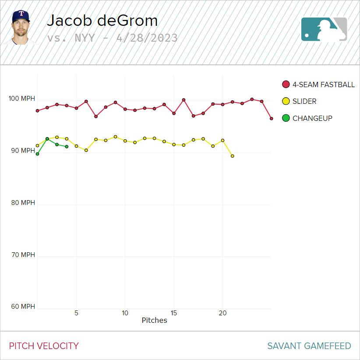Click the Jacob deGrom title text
(102, 21)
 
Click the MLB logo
(324, 29)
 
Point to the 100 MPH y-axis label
(21, 99)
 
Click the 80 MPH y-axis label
(21, 203)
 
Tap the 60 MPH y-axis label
(21, 307)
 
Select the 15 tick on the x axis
(174, 313)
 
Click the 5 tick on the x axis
(76, 313)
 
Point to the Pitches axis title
(154, 320)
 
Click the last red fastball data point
(272, 118)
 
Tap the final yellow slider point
(232, 156)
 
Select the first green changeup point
(38, 154)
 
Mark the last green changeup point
(67, 147)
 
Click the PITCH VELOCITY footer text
(44, 346)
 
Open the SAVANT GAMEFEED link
(309, 346)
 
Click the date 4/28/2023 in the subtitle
(147, 38)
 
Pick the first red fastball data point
(38, 111)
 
